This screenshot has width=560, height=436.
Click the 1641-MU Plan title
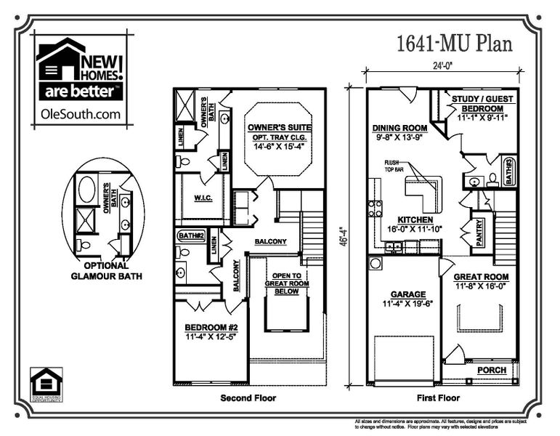pyautogui.click(x=454, y=44)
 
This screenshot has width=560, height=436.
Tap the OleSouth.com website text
pyautogui.click(x=78, y=114)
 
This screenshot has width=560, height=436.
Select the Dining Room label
pyautogui.click(x=399, y=132)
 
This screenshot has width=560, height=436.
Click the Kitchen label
pyautogui.click(x=415, y=224)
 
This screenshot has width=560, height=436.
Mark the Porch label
pyautogui.click(x=491, y=371)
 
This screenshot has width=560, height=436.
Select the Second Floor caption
pyautogui.click(x=248, y=398)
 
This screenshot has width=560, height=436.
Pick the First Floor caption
pyautogui.click(x=436, y=398)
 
